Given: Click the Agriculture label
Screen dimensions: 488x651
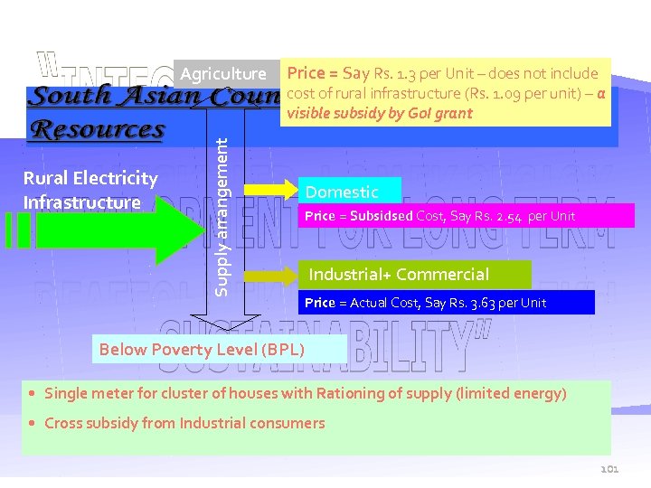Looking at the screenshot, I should [223, 74].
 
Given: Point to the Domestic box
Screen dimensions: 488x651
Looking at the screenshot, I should [348, 191].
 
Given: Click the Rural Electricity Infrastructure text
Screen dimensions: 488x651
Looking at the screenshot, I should [90, 191].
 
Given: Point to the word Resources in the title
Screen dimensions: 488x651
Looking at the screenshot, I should [98, 129].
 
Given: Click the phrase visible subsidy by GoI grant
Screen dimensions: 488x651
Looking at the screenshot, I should [379, 113].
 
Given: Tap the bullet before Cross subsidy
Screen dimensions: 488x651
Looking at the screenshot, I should [33, 424].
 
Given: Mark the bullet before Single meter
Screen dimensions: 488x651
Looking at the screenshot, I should [33, 394].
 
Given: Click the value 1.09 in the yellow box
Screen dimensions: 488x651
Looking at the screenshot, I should [496, 93].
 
